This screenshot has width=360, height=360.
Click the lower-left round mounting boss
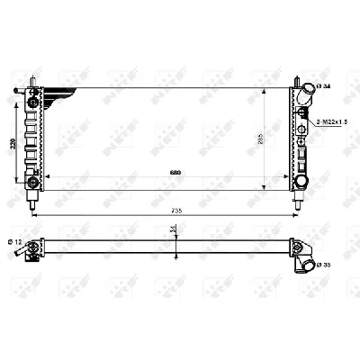coord(33,183)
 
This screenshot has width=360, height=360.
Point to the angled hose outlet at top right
coord(308,91)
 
